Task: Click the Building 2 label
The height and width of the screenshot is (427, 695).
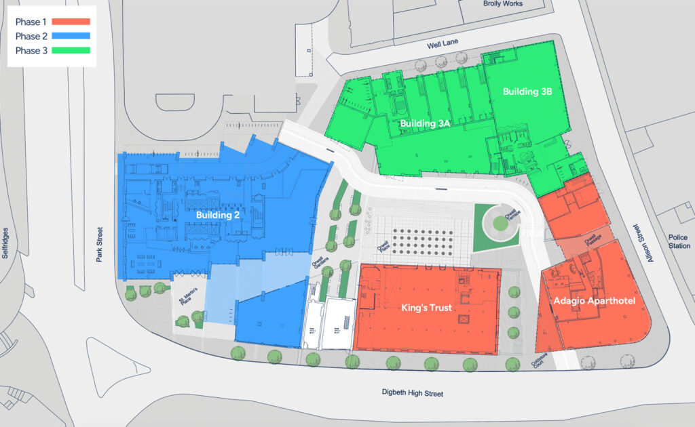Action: click(218, 216)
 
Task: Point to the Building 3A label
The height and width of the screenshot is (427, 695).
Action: click(426, 123)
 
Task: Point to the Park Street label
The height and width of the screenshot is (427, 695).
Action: click(98, 245)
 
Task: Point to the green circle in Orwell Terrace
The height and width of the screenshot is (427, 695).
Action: click(500, 223)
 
